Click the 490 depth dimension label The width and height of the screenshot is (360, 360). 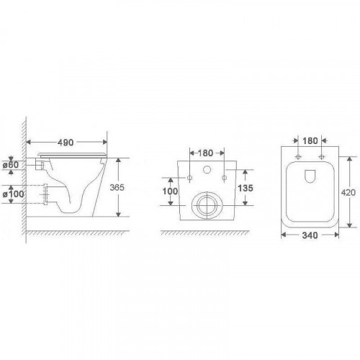pos(66,143)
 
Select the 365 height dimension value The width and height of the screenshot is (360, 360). pos(117,187)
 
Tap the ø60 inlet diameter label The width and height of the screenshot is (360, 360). pos(11,165)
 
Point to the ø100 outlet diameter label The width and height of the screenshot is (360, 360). pos(13,194)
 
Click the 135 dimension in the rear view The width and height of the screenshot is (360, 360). pos(246,188)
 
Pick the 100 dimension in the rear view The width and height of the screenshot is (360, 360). pos(171,192)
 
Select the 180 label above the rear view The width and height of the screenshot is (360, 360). pos(205,153)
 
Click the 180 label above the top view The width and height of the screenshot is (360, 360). pos(310,141)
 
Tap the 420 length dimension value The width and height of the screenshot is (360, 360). pos(348,192)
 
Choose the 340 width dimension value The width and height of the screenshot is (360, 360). pos(310,235)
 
